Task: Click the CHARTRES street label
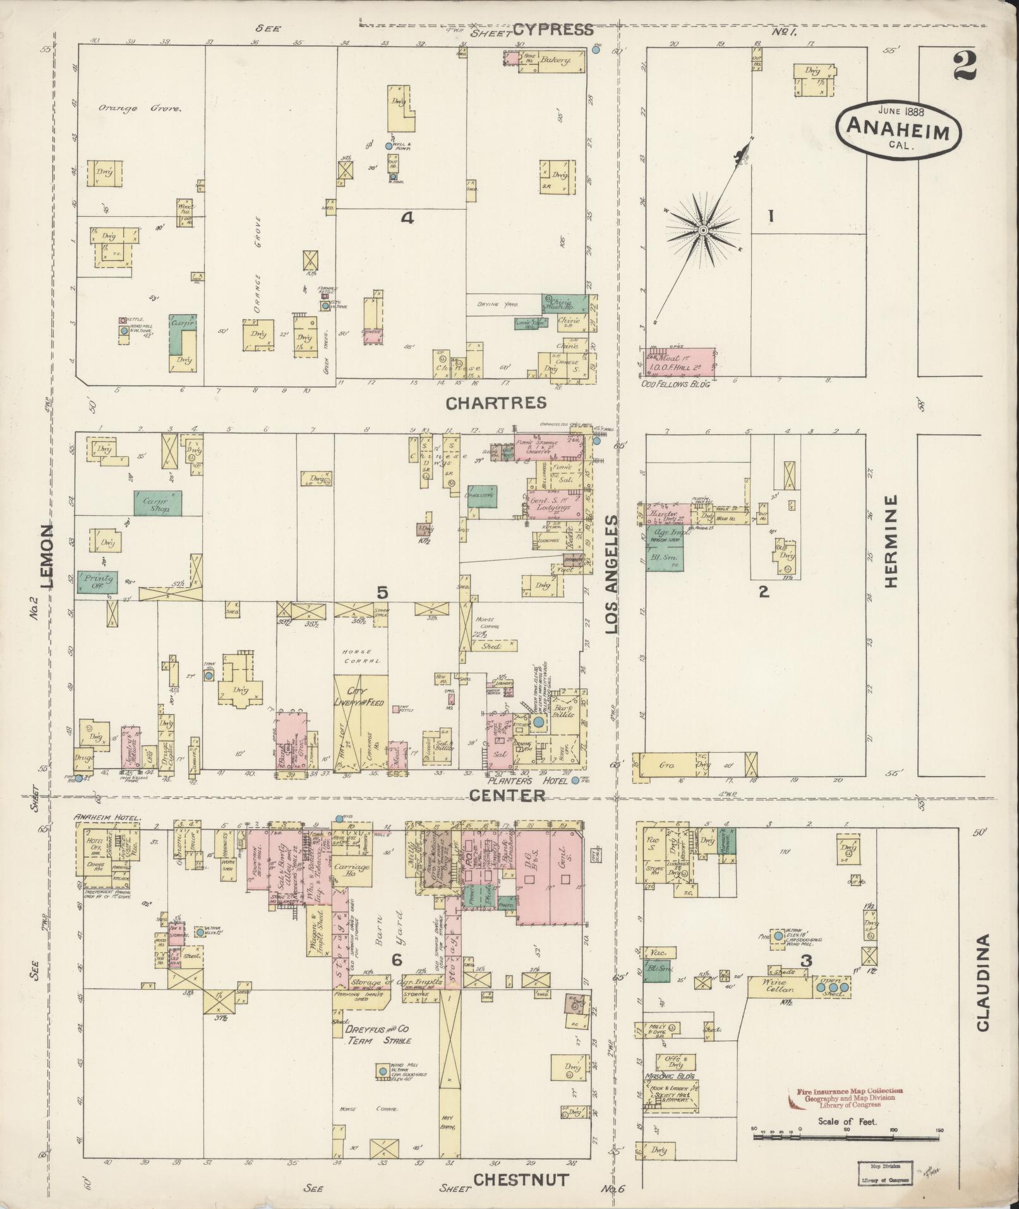(x=497, y=403)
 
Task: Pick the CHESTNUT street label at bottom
(x=521, y=1179)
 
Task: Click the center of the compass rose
(x=702, y=230)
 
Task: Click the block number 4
(x=407, y=218)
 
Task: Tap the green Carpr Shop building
(x=157, y=502)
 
